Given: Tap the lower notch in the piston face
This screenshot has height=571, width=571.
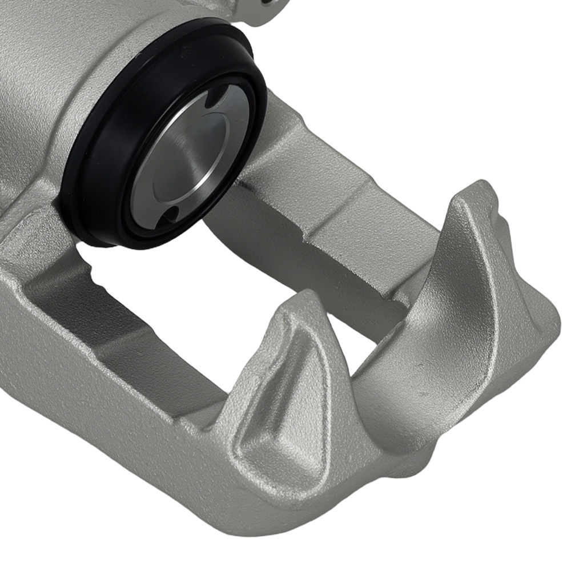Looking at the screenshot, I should (170, 215).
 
